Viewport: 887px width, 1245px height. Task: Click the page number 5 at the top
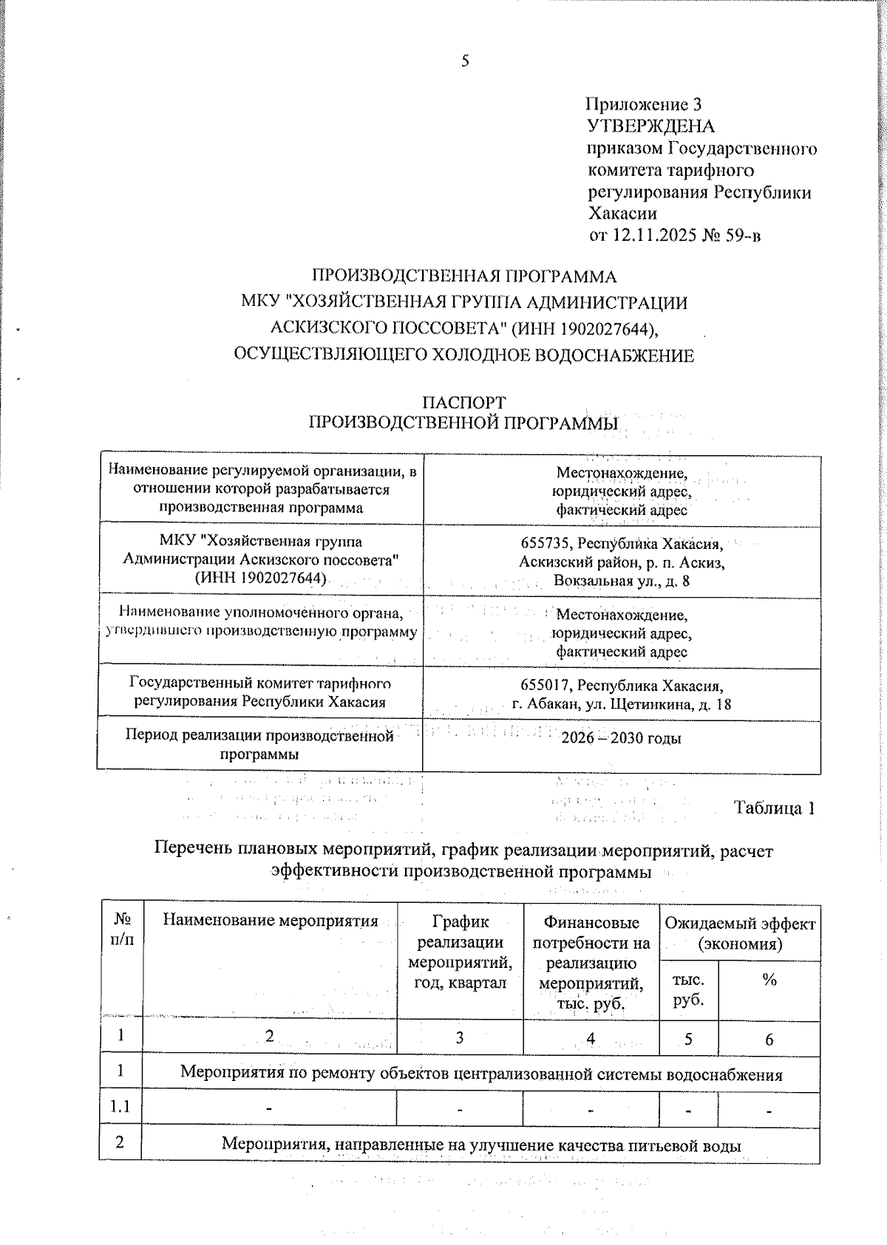[465, 61]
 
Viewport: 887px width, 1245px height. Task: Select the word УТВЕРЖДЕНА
[650, 126]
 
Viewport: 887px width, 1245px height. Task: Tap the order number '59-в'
[742, 236]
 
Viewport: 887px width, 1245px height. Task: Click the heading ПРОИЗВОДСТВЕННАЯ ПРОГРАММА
[463, 276]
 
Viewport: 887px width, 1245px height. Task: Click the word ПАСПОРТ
[463, 403]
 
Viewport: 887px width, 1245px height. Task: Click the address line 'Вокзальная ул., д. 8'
[621, 581]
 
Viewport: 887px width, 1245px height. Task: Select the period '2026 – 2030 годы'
[621, 737]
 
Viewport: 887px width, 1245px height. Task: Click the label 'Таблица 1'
[774, 808]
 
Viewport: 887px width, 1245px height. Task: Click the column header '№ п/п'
[123, 930]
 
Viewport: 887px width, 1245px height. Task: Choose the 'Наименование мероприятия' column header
[270, 921]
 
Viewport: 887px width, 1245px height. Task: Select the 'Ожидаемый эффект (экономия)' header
[739, 933]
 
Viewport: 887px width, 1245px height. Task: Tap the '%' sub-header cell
[769, 980]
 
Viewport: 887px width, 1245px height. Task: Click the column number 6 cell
[769, 1040]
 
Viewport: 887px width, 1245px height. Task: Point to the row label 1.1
[120, 1107]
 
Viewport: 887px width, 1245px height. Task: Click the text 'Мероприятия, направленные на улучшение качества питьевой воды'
[480, 1145]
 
